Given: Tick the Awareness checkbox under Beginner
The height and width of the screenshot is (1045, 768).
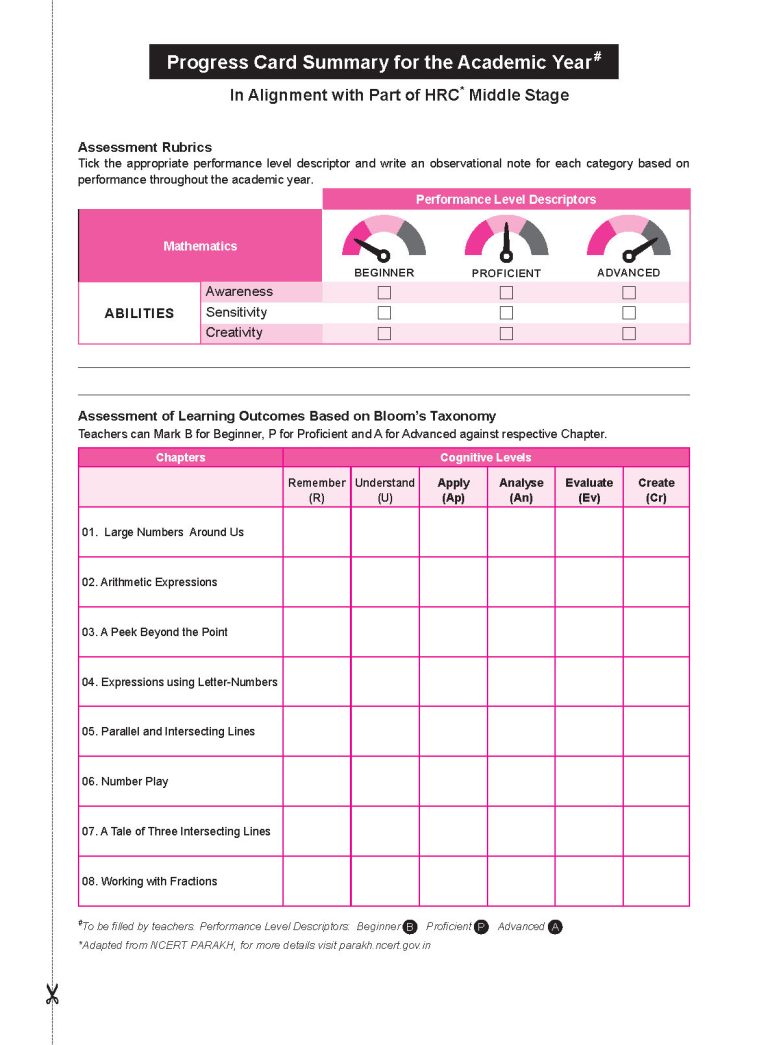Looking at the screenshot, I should (384, 293).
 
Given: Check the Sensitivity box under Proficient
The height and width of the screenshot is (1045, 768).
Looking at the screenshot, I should (506, 313).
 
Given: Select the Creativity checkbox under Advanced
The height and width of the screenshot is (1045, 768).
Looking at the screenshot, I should (629, 333).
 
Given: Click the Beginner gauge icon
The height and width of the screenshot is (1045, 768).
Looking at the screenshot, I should (384, 238).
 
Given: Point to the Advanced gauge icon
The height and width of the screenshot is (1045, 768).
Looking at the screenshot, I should (629, 238).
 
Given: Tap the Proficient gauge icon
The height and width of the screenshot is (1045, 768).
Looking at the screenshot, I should (506, 238).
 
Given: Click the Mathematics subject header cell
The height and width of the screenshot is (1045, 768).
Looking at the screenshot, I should (200, 246).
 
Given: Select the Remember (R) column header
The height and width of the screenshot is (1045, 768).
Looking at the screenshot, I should (317, 489).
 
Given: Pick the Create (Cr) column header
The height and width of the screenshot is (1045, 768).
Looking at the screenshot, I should (656, 489).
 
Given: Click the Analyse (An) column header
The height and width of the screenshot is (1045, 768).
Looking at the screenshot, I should (521, 489).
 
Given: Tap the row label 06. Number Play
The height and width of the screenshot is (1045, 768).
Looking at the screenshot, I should (125, 781).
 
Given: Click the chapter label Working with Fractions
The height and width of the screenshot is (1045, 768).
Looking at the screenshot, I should (149, 881).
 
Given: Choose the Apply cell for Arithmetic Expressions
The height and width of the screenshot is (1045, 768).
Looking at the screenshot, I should (453, 582).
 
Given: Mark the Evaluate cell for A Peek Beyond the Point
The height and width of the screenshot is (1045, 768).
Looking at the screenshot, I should (589, 632).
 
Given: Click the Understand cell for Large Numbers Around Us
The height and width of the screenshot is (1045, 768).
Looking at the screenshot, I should (385, 532).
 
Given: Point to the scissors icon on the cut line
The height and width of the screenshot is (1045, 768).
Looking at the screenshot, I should (52, 994).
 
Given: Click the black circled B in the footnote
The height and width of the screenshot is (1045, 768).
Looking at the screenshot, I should (409, 927).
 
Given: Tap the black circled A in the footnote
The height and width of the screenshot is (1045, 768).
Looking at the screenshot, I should (556, 927).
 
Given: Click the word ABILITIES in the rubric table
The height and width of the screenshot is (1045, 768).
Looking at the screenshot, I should (139, 313).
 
